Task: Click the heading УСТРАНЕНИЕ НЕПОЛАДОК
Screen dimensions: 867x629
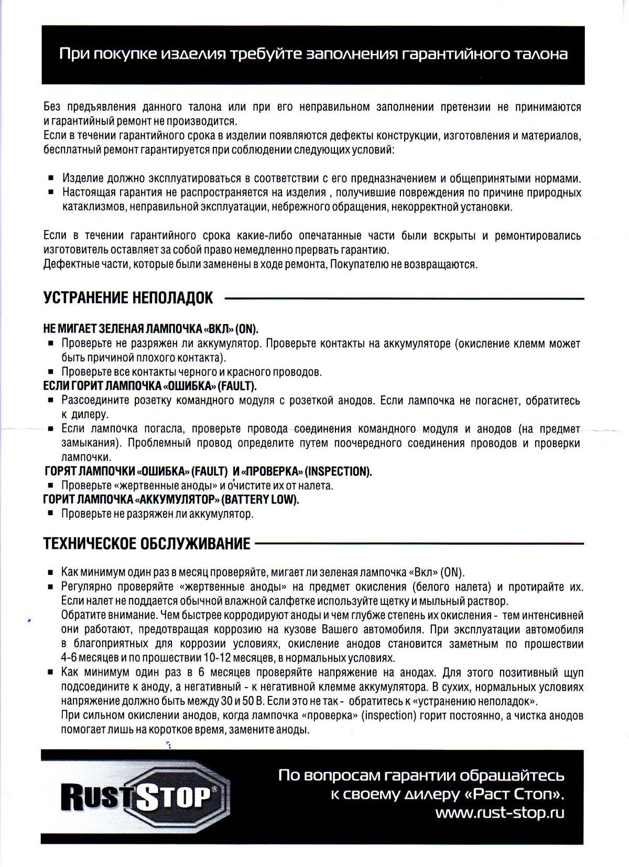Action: tap(128, 298)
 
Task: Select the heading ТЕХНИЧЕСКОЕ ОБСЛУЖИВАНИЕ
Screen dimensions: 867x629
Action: tap(147, 543)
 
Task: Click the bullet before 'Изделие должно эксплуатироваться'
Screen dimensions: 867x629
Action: tap(51, 178)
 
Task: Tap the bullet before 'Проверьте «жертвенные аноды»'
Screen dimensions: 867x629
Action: tap(51, 486)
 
